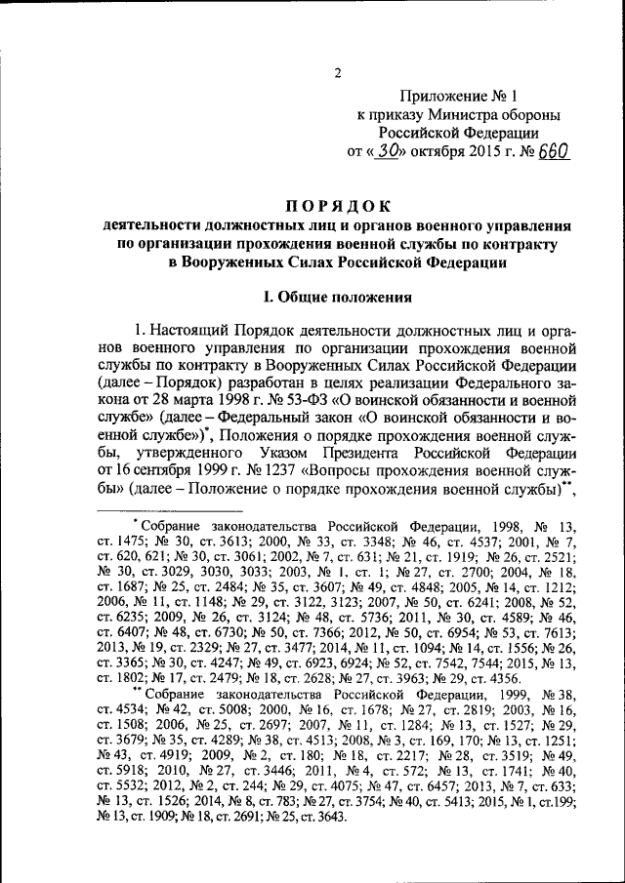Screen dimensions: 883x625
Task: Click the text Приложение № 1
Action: click(x=457, y=97)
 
